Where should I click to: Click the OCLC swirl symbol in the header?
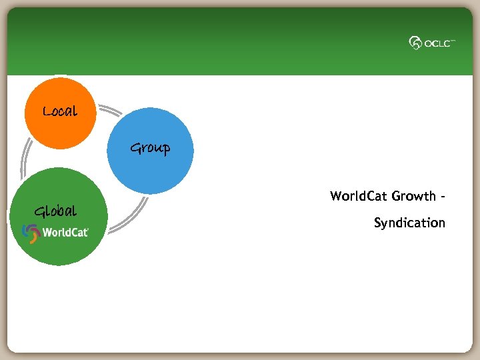415,43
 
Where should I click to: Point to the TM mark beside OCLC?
453,40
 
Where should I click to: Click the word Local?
60,111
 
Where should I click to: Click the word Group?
150,148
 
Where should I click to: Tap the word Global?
55,212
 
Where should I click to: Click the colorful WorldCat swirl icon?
31,232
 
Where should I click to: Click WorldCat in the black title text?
359,196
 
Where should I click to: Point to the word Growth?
413,196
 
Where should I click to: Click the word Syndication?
409,223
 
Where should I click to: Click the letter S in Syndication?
377,223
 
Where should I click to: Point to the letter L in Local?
47,111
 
